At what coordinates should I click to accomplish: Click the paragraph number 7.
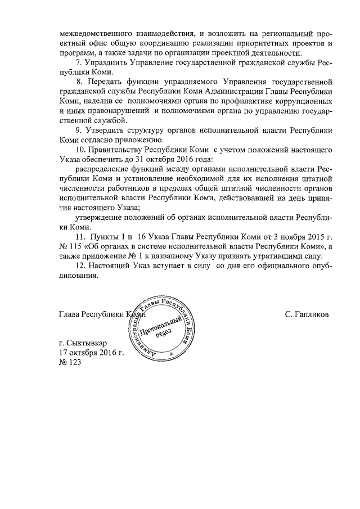(x=78, y=64)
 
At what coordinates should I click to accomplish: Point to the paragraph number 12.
(x=79, y=265)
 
